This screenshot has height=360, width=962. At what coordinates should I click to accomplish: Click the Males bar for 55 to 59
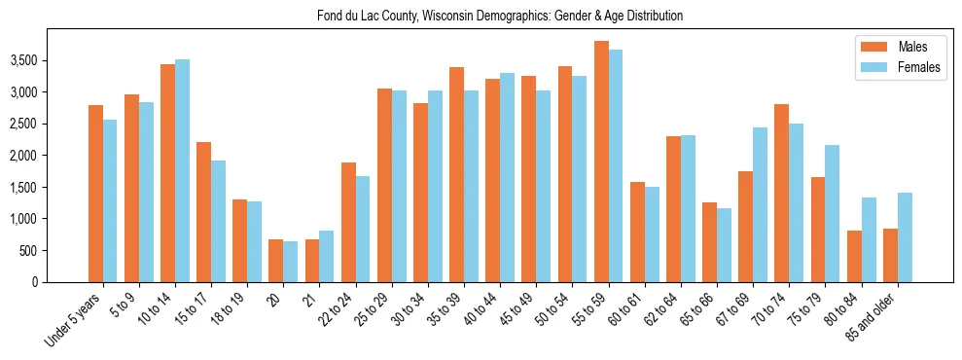point(601,162)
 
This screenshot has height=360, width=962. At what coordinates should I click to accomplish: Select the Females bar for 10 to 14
point(182,170)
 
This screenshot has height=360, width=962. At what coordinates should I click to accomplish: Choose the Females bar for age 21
point(326,256)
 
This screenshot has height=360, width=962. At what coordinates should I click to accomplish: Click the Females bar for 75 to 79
point(832,213)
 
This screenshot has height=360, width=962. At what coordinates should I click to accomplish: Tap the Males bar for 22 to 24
point(348,222)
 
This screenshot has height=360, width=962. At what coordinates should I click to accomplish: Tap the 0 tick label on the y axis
point(60,282)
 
